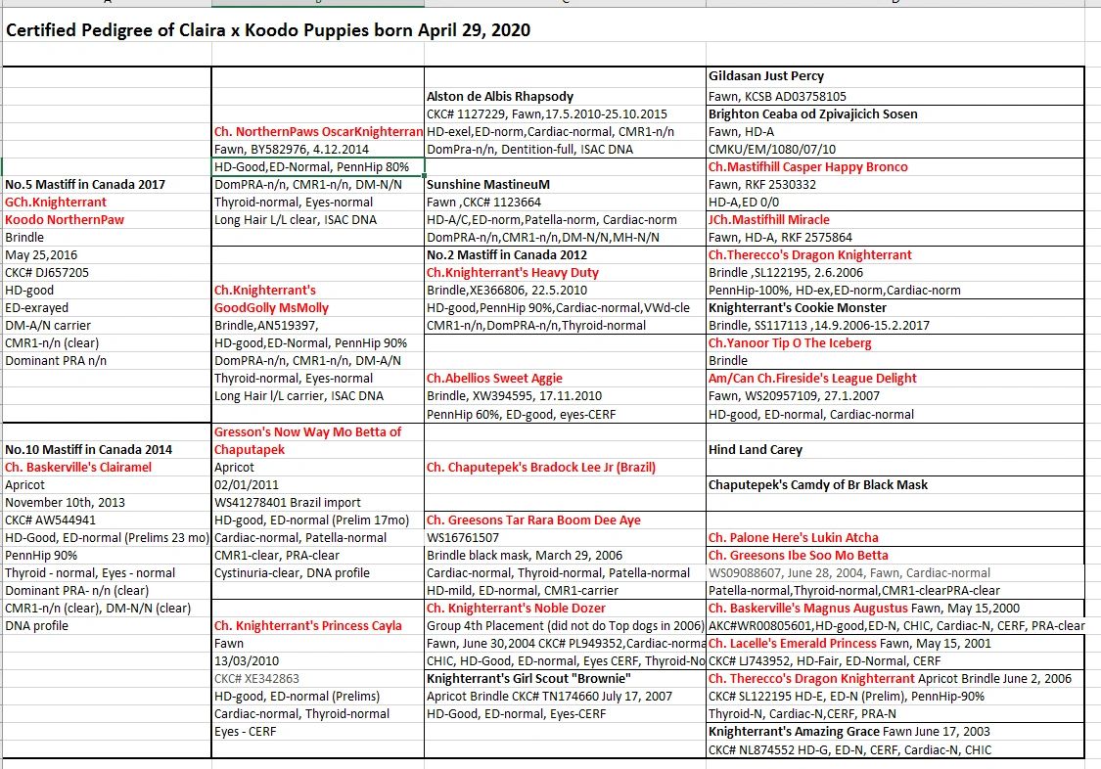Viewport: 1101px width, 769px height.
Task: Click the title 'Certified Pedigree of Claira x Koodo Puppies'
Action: coord(268,30)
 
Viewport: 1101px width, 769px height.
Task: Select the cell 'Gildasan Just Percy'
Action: coord(765,76)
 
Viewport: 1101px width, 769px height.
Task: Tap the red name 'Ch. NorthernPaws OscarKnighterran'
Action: coord(318,132)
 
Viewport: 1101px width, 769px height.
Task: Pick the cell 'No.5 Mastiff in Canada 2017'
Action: coord(85,185)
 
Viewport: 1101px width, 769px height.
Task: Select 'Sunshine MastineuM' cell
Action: coord(488,185)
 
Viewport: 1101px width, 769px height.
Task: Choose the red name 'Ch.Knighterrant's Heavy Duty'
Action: coord(513,273)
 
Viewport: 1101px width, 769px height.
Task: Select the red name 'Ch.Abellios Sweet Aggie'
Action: coord(494,379)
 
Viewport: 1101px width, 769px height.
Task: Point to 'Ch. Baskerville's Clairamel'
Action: coord(82,467)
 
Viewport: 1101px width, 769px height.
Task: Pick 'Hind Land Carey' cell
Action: coord(755,450)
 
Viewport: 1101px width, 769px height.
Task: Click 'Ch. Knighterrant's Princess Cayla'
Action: coord(308,625)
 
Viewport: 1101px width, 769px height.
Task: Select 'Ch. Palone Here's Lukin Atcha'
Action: coord(793,537)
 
